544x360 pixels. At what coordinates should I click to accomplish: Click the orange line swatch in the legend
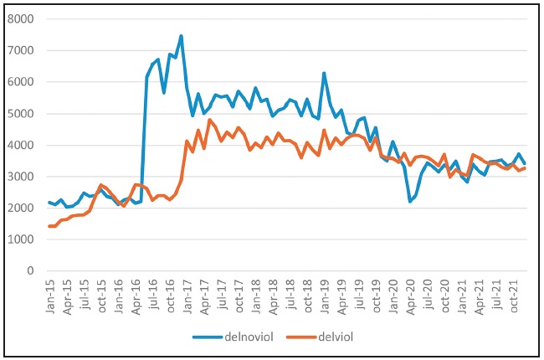coord(297,337)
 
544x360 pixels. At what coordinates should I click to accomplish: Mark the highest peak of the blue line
coord(181,36)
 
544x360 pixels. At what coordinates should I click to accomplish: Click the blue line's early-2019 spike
coord(324,73)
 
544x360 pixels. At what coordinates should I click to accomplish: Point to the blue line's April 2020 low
coord(410,201)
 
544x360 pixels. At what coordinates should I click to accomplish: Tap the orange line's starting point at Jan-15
coord(49,226)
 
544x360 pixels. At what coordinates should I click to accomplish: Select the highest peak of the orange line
coord(209,120)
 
